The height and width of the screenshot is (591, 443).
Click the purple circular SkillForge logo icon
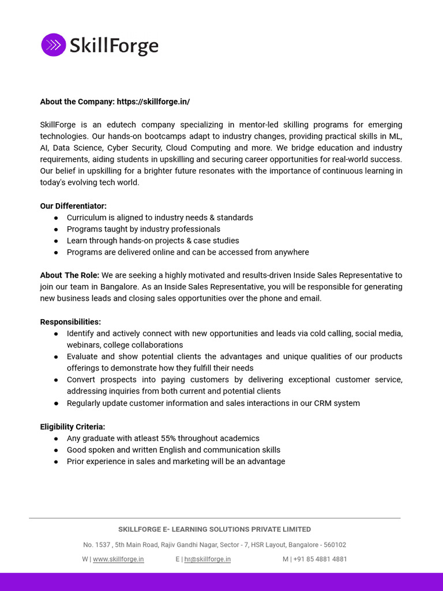pos(53,45)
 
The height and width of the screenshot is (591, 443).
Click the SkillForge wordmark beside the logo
pos(114,45)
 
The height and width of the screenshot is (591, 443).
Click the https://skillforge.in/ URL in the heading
pos(153,102)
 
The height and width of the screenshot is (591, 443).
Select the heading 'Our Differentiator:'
pos(73,206)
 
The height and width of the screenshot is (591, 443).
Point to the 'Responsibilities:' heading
pos(70,322)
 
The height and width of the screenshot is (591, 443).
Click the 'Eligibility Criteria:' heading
pos(73,427)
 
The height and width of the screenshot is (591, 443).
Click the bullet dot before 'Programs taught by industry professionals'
pos(56,230)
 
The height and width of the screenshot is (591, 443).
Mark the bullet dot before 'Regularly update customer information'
pos(56,403)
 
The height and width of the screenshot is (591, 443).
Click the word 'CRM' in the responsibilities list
pos(324,403)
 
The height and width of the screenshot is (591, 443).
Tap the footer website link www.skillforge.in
pos(118,559)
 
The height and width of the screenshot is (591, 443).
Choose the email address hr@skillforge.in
pos(207,559)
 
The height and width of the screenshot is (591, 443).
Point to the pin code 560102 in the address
pos(335,545)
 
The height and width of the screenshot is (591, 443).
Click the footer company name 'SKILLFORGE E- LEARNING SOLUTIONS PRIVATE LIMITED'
pos(215,529)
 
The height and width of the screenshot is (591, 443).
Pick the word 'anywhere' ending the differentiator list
pos(291,252)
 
